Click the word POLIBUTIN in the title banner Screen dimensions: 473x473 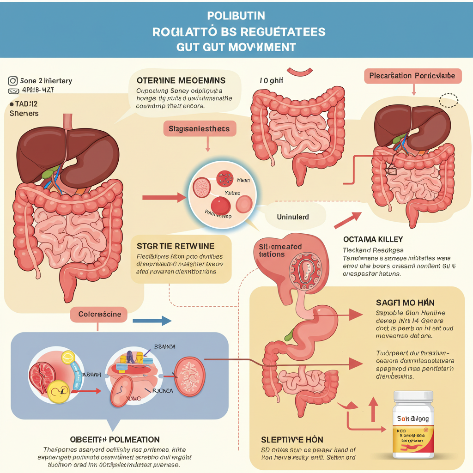(236, 16)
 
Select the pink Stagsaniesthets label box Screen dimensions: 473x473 (200, 129)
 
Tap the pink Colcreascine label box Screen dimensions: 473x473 (99, 315)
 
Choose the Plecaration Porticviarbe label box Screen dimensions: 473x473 (412, 76)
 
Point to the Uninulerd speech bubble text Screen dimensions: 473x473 (293, 217)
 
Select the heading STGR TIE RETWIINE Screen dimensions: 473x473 (176, 245)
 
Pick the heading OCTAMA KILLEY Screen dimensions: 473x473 (373, 239)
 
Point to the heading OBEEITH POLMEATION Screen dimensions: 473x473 (115, 439)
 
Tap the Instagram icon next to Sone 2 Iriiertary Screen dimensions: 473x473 (13, 81)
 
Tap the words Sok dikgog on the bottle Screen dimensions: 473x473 (412, 419)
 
